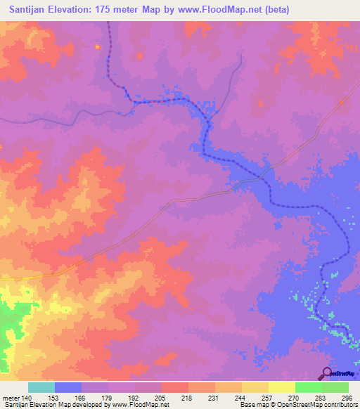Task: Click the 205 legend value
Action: (x=162, y=398)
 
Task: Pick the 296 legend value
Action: (x=349, y=398)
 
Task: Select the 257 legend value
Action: (x=269, y=398)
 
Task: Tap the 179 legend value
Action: (x=108, y=398)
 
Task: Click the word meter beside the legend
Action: (x=11, y=398)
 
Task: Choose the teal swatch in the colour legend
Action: (x=41, y=387)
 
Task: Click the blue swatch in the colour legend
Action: (x=68, y=387)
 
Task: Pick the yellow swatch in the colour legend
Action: (x=282, y=387)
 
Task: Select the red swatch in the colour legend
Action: (x=175, y=387)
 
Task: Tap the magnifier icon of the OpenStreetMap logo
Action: (x=326, y=373)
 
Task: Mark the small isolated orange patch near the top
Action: (x=97, y=46)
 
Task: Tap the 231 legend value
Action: (x=215, y=398)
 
